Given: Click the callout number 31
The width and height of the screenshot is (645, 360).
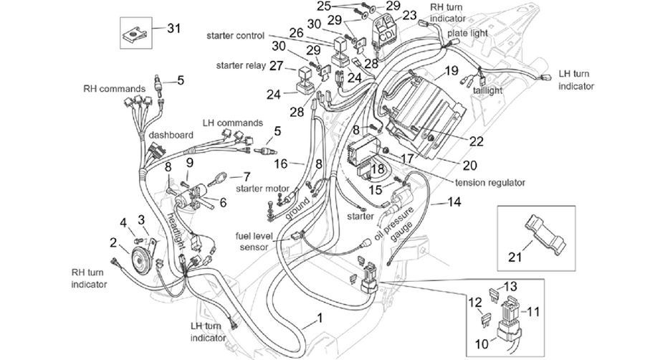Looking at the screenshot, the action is [x=173, y=29].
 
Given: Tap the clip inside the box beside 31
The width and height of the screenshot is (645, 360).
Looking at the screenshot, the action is [x=135, y=33].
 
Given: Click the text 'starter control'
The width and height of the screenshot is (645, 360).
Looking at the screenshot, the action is [x=235, y=36].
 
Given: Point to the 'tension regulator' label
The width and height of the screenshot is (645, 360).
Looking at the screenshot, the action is [x=490, y=182].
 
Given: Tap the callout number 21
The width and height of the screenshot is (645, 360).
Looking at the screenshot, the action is [x=515, y=257].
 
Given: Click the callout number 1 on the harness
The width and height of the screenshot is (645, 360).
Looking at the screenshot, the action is [x=319, y=318].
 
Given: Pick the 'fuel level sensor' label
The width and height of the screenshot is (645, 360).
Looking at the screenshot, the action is [x=252, y=242].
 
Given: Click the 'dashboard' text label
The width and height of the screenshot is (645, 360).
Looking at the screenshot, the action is [x=171, y=135].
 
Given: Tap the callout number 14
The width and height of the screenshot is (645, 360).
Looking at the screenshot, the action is [x=454, y=202].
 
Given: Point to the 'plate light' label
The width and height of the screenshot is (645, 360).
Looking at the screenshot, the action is [x=467, y=33].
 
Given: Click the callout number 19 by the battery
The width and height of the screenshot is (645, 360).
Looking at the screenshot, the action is [x=451, y=71].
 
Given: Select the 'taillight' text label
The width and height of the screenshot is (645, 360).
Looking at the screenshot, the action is [x=488, y=90].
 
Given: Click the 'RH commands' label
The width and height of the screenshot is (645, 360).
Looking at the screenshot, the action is [x=115, y=89].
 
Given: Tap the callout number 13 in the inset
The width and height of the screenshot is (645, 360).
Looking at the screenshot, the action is [x=510, y=287].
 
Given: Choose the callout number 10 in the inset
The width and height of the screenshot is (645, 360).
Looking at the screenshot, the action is [x=482, y=344].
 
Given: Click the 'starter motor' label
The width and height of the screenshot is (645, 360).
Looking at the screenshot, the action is [x=262, y=189].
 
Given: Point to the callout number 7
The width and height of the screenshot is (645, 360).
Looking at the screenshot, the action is [x=247, y=177].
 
